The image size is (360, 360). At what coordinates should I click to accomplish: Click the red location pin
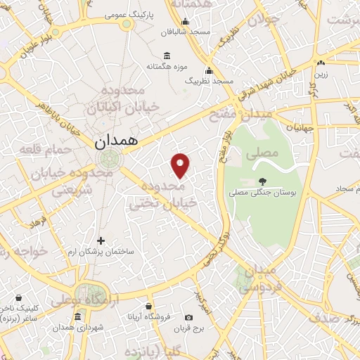pyautogui.click(x=181, y=165)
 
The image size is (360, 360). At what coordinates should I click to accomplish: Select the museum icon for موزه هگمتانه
pyautogui.click(x=167, y=56)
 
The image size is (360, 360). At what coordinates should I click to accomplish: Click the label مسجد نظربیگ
pyautogui.click(x=209, y=82)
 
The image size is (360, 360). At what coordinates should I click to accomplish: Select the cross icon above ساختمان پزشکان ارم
pyautogui.click(x=101, y=241)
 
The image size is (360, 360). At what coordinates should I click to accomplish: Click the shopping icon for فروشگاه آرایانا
pyautogui.click(x=148, y=307)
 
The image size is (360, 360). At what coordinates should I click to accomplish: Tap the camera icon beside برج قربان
pyautogui.click(x=188, y=318)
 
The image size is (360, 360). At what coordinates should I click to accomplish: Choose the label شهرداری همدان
pyautogui.click(x=73, y=328)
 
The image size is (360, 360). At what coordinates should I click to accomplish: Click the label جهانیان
pyautogui.click(x=299, y=128)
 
